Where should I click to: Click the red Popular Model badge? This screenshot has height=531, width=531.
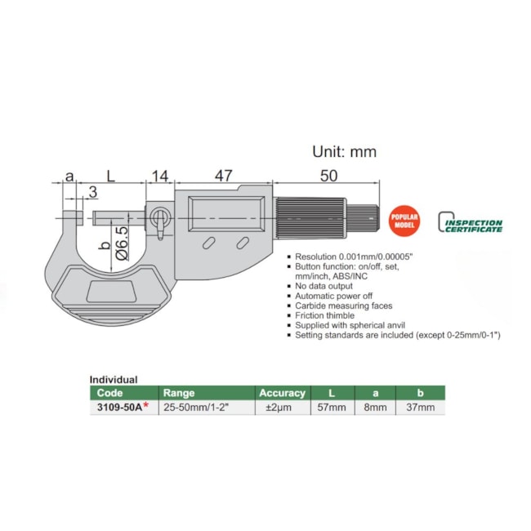[x=404, y=221]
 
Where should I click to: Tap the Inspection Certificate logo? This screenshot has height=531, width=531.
[x=470, y=222]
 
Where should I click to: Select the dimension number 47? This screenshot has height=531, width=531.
[x=224, y=176]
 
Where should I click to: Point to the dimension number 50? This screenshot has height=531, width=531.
[x=329, y=176]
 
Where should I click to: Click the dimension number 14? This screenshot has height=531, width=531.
[x=160, y=176]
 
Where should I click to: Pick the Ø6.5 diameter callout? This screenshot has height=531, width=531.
[x=123, y=243]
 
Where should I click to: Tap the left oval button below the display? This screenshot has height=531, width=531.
[x=208, y=243]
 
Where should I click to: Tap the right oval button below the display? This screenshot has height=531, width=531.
[x=243, y=243]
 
